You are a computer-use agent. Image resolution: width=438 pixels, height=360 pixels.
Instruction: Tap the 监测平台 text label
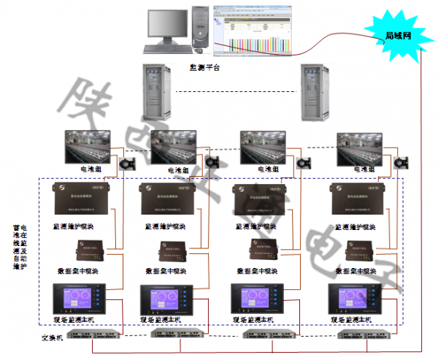click(x=204, y=66)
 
